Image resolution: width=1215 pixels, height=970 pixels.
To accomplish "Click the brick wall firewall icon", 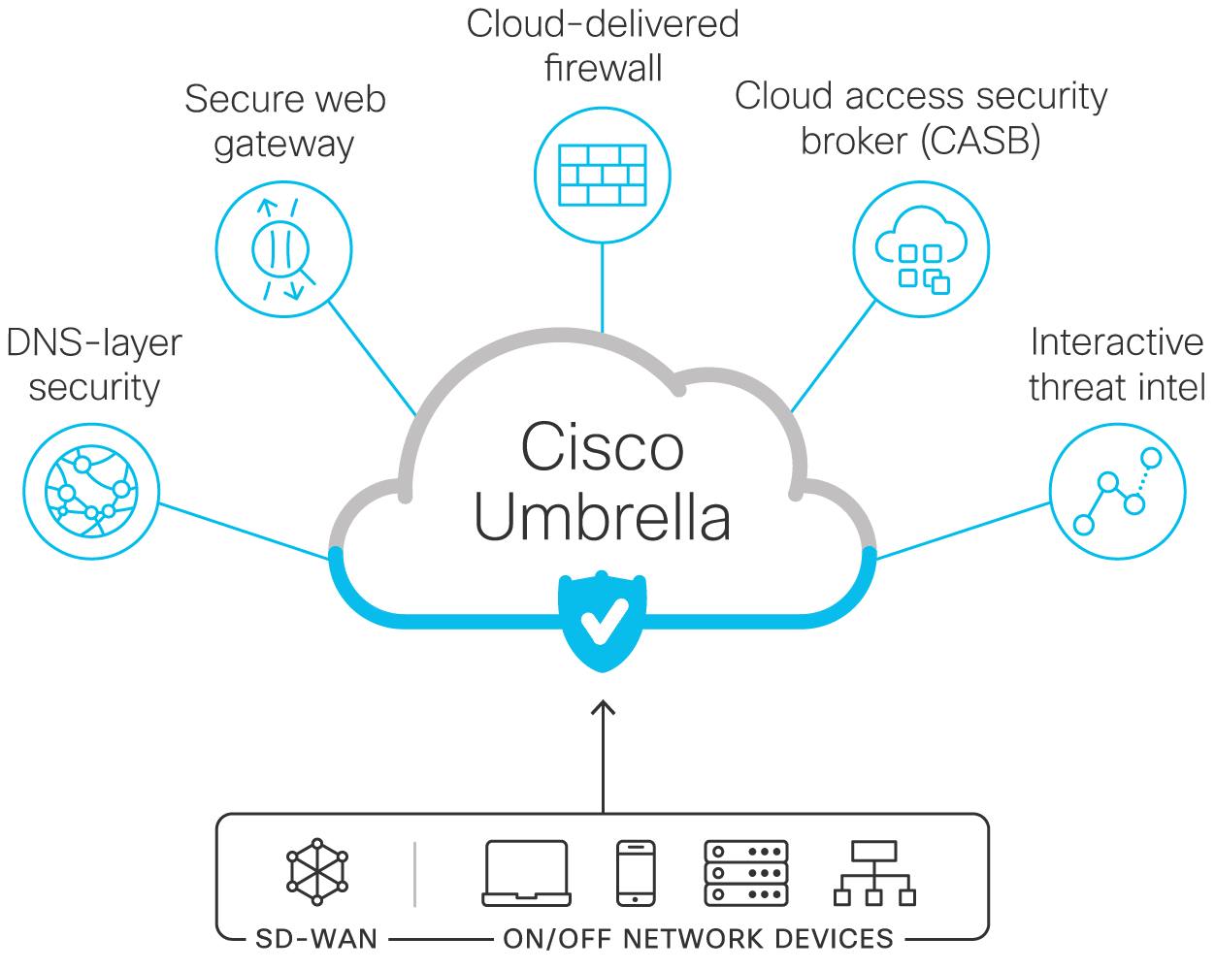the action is click(x=602, y=175).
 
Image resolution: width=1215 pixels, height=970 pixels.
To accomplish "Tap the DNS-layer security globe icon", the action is click(x=91, y=491).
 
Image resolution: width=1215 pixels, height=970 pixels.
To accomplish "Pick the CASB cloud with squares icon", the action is click(x=921, y=249).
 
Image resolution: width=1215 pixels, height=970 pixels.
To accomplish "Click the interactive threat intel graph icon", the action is click(x=1117, y=491).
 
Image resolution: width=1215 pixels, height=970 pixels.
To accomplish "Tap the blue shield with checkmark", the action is click(x=602, y=621).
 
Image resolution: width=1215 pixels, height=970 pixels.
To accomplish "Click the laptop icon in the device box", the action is click(x=526, y=874).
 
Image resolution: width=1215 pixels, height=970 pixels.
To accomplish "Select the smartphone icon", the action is click(x=636, y=874).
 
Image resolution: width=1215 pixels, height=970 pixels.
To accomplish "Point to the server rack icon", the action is click(x=746, y=874).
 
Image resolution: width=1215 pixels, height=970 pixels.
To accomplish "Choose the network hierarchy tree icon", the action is click(x=874, y=874).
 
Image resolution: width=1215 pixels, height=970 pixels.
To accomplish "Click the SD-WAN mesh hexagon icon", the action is click(x=317, y=872).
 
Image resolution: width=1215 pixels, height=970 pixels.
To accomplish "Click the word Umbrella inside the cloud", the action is click(x=603, y=517).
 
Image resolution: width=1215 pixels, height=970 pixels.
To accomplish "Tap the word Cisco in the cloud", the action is click(x=603, y=446).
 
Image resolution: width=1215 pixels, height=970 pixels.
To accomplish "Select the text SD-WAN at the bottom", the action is click(x=316, y=940).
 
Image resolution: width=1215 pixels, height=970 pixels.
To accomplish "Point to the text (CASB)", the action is click(x=981, y=141).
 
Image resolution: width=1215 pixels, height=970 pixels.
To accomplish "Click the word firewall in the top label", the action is click(x=603, y=68).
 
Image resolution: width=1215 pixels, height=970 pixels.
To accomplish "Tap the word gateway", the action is click(x=284, y=145).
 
